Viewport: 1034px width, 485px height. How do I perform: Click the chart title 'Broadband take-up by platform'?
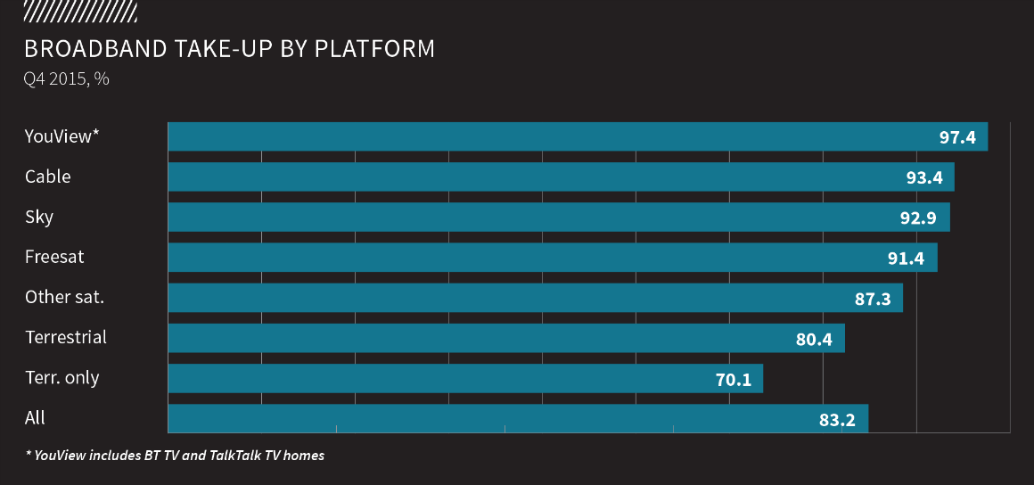(230, 48)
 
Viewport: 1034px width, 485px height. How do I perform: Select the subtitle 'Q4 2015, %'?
(67, 78)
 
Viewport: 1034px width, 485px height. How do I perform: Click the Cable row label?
(48, 177)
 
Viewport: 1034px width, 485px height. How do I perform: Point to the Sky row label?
(39, 217)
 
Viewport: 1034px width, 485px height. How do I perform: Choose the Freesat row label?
(54, 257)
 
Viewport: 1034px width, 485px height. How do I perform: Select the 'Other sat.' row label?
(64, 297)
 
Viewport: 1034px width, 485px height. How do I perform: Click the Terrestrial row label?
(66, 337)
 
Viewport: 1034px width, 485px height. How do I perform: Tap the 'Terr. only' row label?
(62, 377)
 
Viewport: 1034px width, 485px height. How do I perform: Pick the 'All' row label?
(35, 417)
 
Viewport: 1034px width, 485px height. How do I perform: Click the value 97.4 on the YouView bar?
(957, 137)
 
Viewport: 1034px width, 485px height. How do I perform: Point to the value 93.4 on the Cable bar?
(924, 177)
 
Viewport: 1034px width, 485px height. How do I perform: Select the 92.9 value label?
(919, 218)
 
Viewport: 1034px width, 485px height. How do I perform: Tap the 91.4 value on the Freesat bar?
(907, 259)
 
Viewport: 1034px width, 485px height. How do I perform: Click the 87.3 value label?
(873, 299)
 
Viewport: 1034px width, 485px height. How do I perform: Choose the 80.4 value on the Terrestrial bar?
(814, 339)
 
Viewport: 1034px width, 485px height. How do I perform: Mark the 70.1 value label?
(733, 380)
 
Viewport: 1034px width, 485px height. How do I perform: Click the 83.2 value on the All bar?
(837, 420)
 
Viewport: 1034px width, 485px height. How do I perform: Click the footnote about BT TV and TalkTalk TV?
(175, 456)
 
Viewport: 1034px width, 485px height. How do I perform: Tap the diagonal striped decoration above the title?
(80, 11)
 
